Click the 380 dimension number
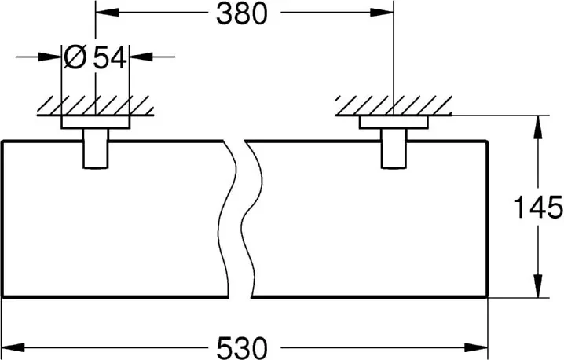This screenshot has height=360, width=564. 242,14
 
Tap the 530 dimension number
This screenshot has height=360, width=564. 242,348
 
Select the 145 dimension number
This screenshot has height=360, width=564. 538,208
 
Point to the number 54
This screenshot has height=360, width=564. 110,57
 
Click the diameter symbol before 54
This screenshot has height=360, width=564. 75,57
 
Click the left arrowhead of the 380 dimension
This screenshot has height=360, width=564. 107,13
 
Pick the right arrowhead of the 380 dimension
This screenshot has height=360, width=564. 382,13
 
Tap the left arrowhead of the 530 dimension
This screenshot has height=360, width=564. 13,347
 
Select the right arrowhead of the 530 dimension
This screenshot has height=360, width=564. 476,347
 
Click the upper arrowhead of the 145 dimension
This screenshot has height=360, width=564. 538,127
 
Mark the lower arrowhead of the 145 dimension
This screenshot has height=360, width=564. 538,286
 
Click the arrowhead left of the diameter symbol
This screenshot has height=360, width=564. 49,57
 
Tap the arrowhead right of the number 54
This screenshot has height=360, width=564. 141,57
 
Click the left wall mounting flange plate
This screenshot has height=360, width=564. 95,123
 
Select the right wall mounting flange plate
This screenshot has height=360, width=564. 394,123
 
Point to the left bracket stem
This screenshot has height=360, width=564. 96,149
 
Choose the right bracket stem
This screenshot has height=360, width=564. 394,149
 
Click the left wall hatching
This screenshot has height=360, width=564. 95,106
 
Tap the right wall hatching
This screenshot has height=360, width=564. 394,106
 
